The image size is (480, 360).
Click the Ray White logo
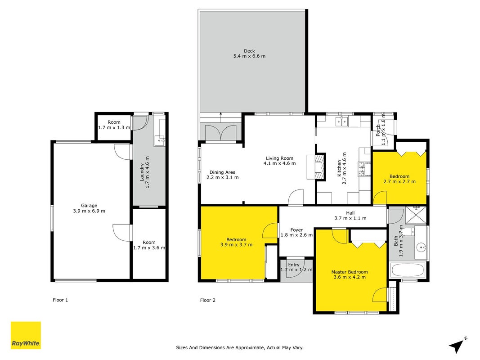tap(26, 335)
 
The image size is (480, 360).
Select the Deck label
tap(249, 51)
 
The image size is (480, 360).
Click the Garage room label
tap(89, 205)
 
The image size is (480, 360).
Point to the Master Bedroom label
tap(350, 272)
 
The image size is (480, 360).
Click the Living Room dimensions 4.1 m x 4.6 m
tap(280, 163)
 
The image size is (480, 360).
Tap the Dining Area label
tap(223, 172)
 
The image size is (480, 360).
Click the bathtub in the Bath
tap(408, 270)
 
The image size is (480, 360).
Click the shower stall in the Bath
tap(416, 215)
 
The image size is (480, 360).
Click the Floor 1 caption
tap(60, 300)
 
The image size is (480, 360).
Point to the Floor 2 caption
tap(208, 300)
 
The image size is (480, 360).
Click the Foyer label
tap(296, 230)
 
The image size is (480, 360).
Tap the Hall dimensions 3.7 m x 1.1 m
tap(350, 218)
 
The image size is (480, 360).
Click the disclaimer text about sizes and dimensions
tap(240, 347)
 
